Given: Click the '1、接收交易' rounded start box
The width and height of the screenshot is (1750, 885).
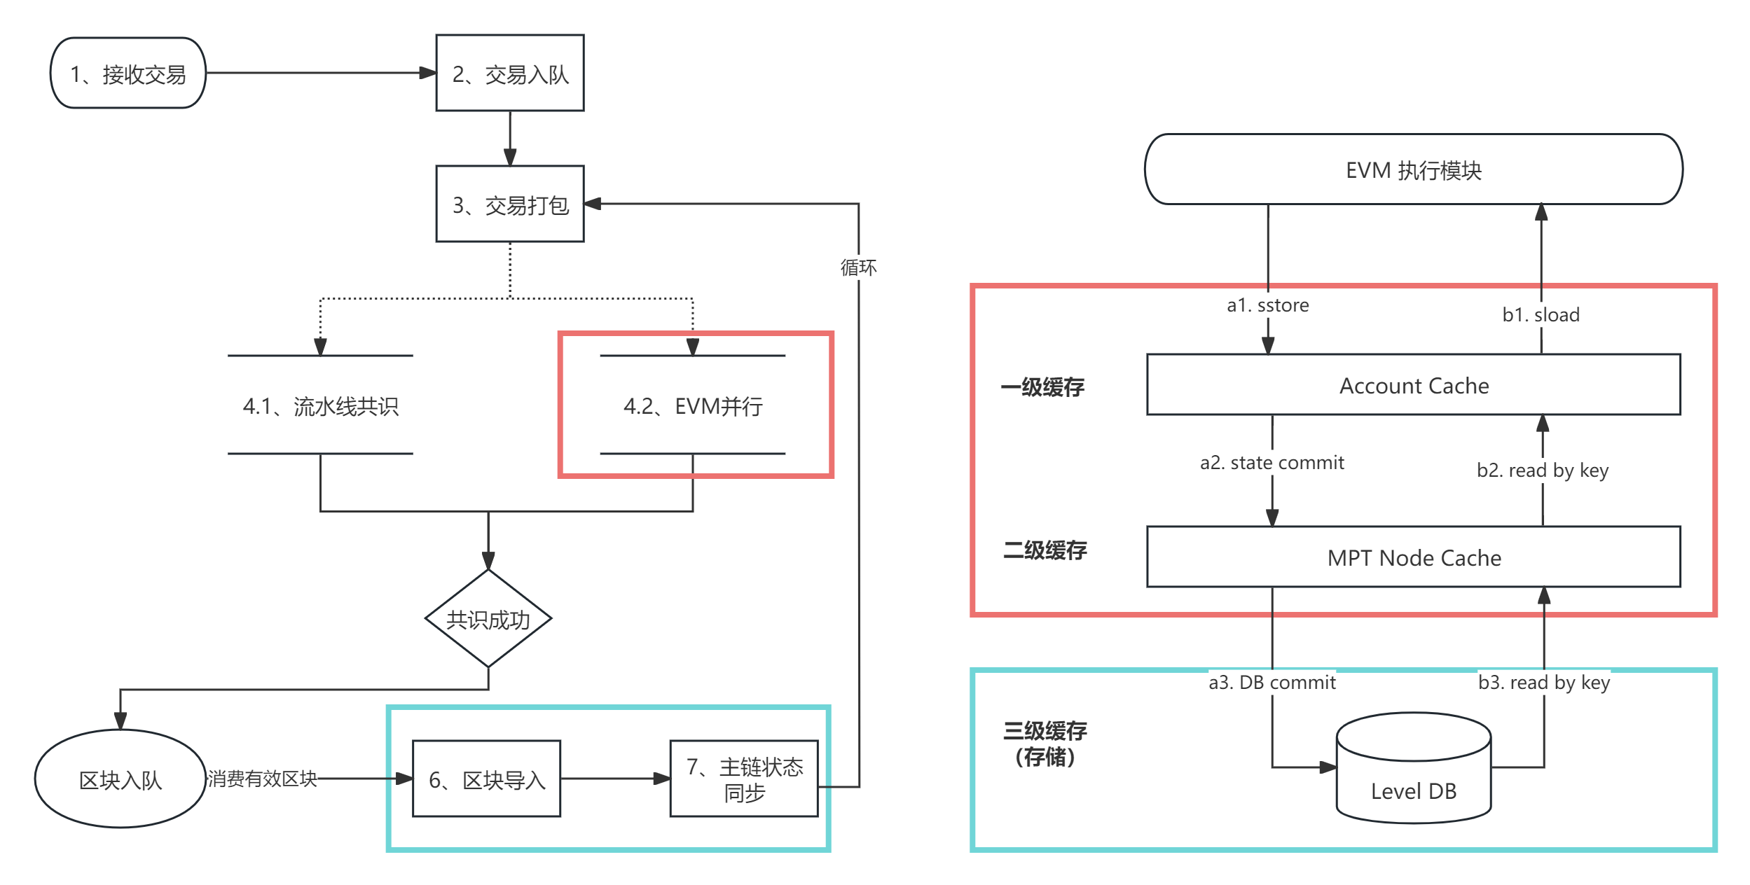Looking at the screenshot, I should coord(128,74).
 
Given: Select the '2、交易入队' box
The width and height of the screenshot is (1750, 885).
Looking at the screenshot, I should coord(509,74).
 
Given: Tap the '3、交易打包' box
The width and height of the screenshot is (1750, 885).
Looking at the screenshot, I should coord(509,204).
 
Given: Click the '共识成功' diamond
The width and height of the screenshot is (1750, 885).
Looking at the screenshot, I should coord(488,619).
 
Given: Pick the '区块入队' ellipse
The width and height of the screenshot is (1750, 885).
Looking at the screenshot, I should coord(120,779).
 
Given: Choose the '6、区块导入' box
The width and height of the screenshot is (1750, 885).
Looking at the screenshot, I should coord(487,779).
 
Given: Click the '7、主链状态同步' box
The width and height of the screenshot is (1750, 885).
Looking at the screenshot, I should coord(744,779).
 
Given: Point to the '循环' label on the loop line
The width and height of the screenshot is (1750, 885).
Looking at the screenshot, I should coord(858,267).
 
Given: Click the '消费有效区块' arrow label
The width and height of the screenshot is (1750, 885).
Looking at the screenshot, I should coord(263,779).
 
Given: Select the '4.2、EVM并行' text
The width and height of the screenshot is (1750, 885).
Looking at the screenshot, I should coord(693,406).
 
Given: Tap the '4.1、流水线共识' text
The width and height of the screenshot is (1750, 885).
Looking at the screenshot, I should coord(320,406).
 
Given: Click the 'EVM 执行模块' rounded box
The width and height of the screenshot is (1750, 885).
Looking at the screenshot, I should coord(1414,170).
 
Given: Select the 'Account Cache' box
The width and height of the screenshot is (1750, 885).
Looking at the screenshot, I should coord(1414,385).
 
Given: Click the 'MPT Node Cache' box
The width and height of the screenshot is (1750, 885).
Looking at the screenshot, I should coord(1414,557).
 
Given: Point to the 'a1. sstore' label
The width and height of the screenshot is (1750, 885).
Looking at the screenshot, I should coord(1268,305).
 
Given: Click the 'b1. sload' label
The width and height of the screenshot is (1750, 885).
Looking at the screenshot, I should coord(1541,314).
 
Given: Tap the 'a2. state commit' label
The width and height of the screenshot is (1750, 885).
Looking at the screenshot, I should coord(1272,462).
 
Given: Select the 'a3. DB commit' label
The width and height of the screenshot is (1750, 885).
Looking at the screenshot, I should coord(1272,682).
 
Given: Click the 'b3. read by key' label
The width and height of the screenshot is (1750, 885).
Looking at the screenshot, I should coord(1544,682).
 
